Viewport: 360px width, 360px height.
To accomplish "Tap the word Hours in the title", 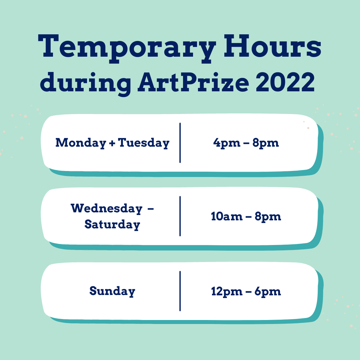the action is coord(273,46).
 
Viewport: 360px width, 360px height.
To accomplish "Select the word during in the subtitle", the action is coord(86,84).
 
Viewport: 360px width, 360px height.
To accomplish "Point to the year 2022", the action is coord(285,82).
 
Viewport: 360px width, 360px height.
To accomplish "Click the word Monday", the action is coord(81,143).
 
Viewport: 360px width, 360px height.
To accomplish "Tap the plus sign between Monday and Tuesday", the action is coord(112,143).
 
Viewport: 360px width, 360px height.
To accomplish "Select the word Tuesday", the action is coord(144,143).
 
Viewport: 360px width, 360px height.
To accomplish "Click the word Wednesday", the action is coord(107,209).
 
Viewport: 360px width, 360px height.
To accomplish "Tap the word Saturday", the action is coord(112,224).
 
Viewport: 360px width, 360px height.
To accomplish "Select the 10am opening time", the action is coord(227,216).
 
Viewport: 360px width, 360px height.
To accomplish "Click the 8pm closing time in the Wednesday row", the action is coord(268,217).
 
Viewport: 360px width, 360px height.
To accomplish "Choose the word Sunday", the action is coord(112,291).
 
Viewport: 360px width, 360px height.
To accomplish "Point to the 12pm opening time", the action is coord(227,292).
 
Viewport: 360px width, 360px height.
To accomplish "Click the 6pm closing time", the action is coord(268,292).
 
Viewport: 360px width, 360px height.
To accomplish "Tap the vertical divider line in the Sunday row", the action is coord(180,291).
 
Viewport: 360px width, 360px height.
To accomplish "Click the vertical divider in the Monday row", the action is coord(180,143).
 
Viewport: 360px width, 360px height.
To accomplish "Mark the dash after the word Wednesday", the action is coord(150,209).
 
